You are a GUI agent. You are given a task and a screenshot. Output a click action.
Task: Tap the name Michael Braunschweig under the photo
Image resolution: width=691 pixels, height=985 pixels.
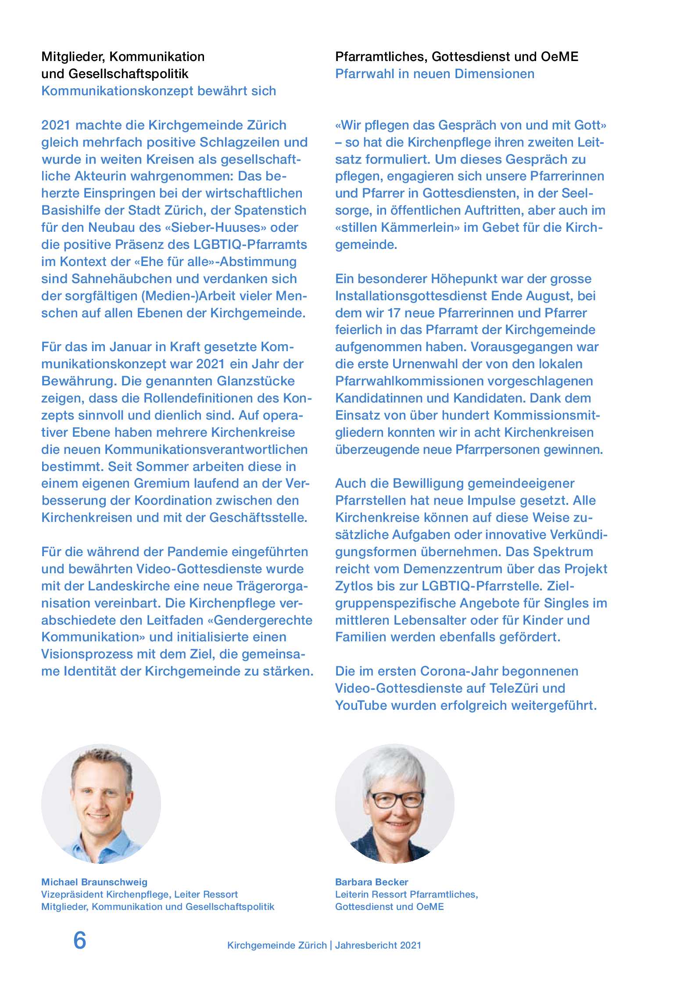(x=94, y=882)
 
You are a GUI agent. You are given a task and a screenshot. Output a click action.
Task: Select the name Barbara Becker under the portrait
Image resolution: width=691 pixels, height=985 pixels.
(x=372, y=882)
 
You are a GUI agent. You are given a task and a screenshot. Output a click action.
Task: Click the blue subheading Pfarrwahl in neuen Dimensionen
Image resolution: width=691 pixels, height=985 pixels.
(x=434, y=74)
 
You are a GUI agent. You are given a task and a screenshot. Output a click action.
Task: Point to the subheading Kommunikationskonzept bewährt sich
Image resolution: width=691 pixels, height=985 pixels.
(x=158, y=91)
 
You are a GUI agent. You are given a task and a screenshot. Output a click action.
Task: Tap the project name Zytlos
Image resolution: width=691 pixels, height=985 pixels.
(x=354, y=586)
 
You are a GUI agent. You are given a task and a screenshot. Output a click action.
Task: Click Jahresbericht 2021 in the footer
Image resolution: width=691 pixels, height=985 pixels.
(x=378, y=945)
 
